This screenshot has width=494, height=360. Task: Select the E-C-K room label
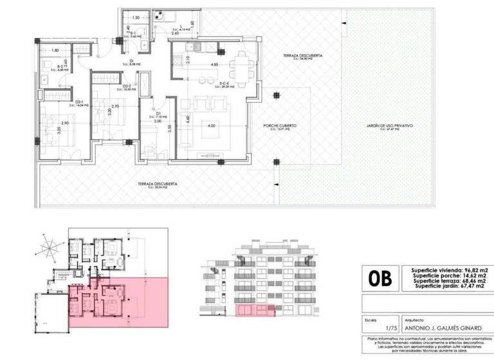pos(224,84)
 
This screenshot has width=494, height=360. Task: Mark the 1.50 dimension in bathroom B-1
pos(136,18)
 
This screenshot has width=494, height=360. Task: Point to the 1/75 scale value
pos(370,326)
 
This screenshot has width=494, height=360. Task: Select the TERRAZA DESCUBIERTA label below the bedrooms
pos(158,184)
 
